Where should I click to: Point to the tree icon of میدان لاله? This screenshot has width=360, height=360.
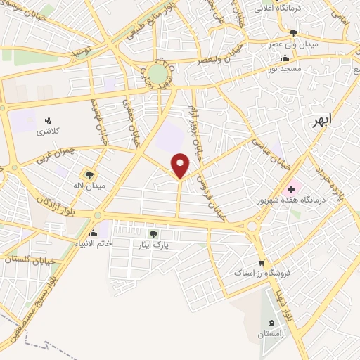89,174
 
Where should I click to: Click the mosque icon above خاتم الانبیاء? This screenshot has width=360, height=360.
94,232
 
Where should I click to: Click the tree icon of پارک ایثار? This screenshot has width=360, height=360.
154,234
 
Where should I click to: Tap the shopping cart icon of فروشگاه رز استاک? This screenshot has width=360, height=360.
261,263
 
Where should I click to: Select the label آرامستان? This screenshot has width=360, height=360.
271,335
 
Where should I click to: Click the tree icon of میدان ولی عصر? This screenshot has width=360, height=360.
294,33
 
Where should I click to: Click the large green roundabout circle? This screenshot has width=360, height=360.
157,73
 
